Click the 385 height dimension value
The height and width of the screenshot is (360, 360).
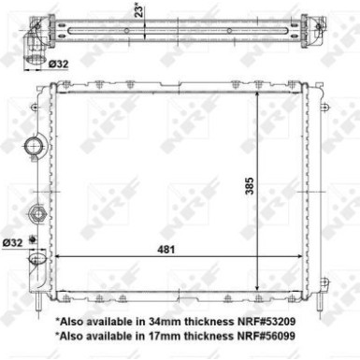tap(250, 186)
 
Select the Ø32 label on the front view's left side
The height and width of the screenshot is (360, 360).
tap(12, 242)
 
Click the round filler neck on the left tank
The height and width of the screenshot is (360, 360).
tap(36, 147)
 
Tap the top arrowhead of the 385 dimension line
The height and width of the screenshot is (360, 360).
tap(256, 94)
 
